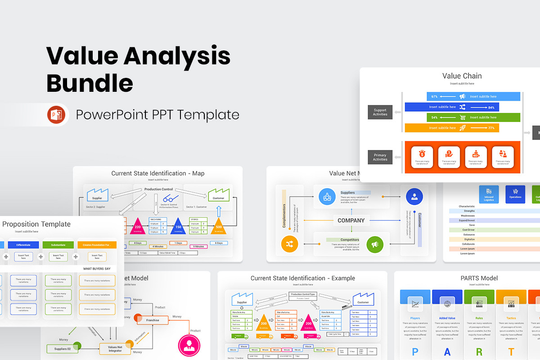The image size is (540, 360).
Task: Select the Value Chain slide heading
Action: click(x=462, y=76)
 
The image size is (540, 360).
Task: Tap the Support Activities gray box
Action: click(x=380, y=112)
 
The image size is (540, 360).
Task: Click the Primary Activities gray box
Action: click(x=380, y=157)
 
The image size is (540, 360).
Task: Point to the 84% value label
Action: click(x=491, y=107)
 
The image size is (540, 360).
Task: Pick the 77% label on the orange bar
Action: click(x=491, y=128)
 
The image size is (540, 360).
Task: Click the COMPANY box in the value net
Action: click(x=351, y=220)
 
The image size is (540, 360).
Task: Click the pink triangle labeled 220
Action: click(x=138, y=226)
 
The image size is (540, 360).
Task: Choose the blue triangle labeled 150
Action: click(x=178, y=226)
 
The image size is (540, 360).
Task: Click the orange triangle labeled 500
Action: click(x=219, y=226)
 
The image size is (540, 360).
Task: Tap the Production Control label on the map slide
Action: click(x=158, y=189)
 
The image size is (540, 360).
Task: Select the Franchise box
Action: click(x=153, y=320)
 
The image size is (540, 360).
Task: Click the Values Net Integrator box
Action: click(x=115, y=349)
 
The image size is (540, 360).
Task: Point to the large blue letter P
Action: click(x=415, y=351)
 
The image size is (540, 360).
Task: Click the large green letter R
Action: click(x=479, y=351)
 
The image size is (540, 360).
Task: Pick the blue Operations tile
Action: click(x=515, y=194)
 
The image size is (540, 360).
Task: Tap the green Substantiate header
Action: click(x=58, y=245)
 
